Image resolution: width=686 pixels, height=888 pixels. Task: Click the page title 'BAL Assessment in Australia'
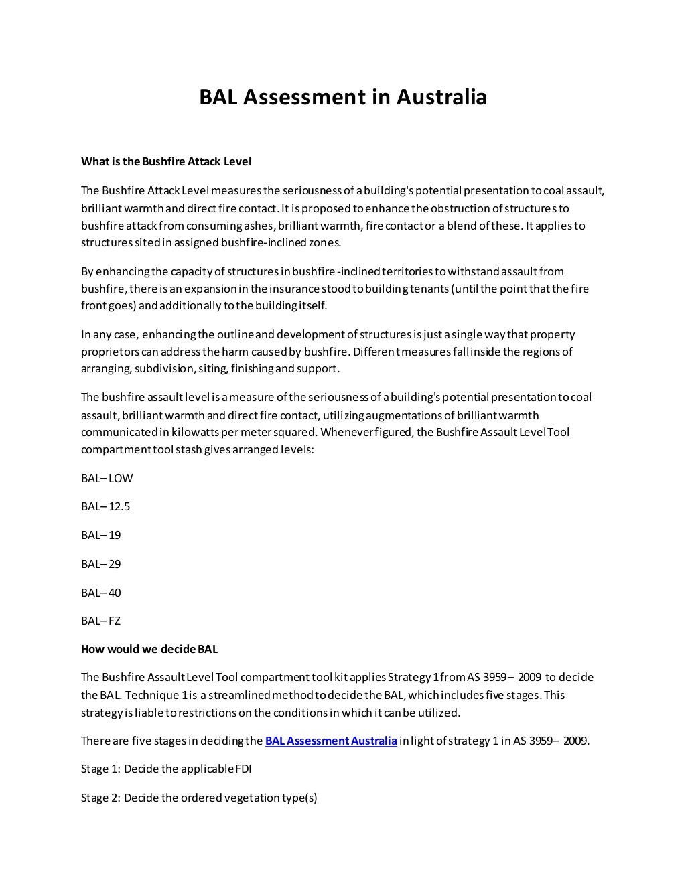342,97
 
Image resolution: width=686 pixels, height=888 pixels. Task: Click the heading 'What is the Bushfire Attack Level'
165,161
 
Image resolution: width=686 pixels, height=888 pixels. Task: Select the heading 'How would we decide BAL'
149,649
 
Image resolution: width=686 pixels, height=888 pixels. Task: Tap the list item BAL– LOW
107,478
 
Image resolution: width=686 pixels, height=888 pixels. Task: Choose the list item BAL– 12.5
105,506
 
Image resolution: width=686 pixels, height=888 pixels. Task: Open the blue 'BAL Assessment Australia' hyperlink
331,741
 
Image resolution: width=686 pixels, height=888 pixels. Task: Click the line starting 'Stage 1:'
166,769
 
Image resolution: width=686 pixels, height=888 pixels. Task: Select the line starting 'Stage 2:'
199,798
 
